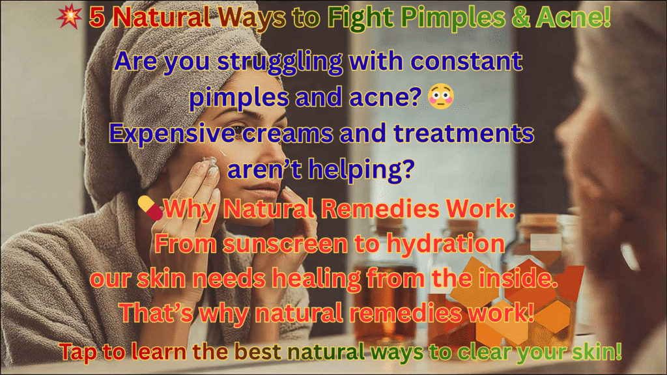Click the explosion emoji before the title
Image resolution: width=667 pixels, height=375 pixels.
click(69, 16)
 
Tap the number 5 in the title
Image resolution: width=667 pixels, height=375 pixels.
click(97, 18)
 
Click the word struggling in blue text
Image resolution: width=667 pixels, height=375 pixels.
click(280, 62)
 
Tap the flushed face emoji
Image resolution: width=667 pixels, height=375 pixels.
click(441, 96)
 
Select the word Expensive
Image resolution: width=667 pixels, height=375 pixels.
click(172, 134)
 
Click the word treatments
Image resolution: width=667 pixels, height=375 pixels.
click(464, 133)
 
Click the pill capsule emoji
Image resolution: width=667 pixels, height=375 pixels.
click(150, 208)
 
